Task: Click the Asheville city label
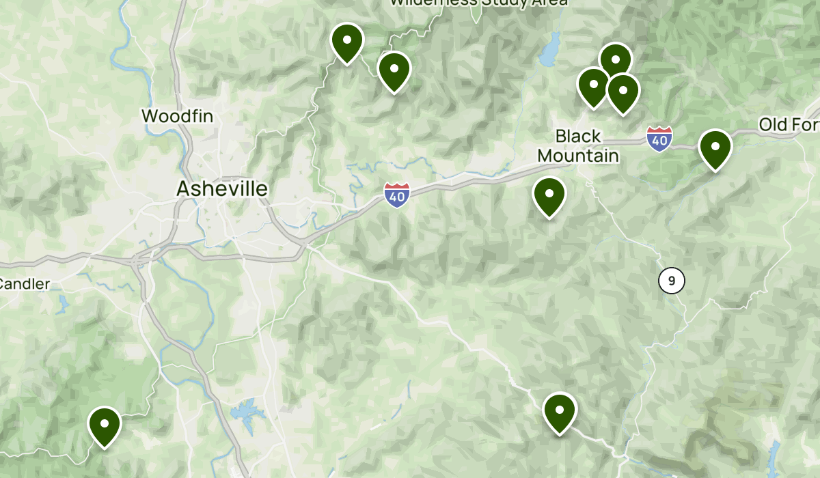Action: point(222,188)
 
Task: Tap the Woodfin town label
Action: point(177,116)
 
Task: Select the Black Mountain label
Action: point(578,146)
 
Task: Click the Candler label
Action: point(25,283)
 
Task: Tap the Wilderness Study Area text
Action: point(478,3)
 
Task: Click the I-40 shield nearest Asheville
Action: point(396,195)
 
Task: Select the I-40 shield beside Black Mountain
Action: point(659,139)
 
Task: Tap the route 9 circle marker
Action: point(672,280)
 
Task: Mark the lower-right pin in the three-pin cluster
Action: point(623,93)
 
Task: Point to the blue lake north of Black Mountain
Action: point(549,55)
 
